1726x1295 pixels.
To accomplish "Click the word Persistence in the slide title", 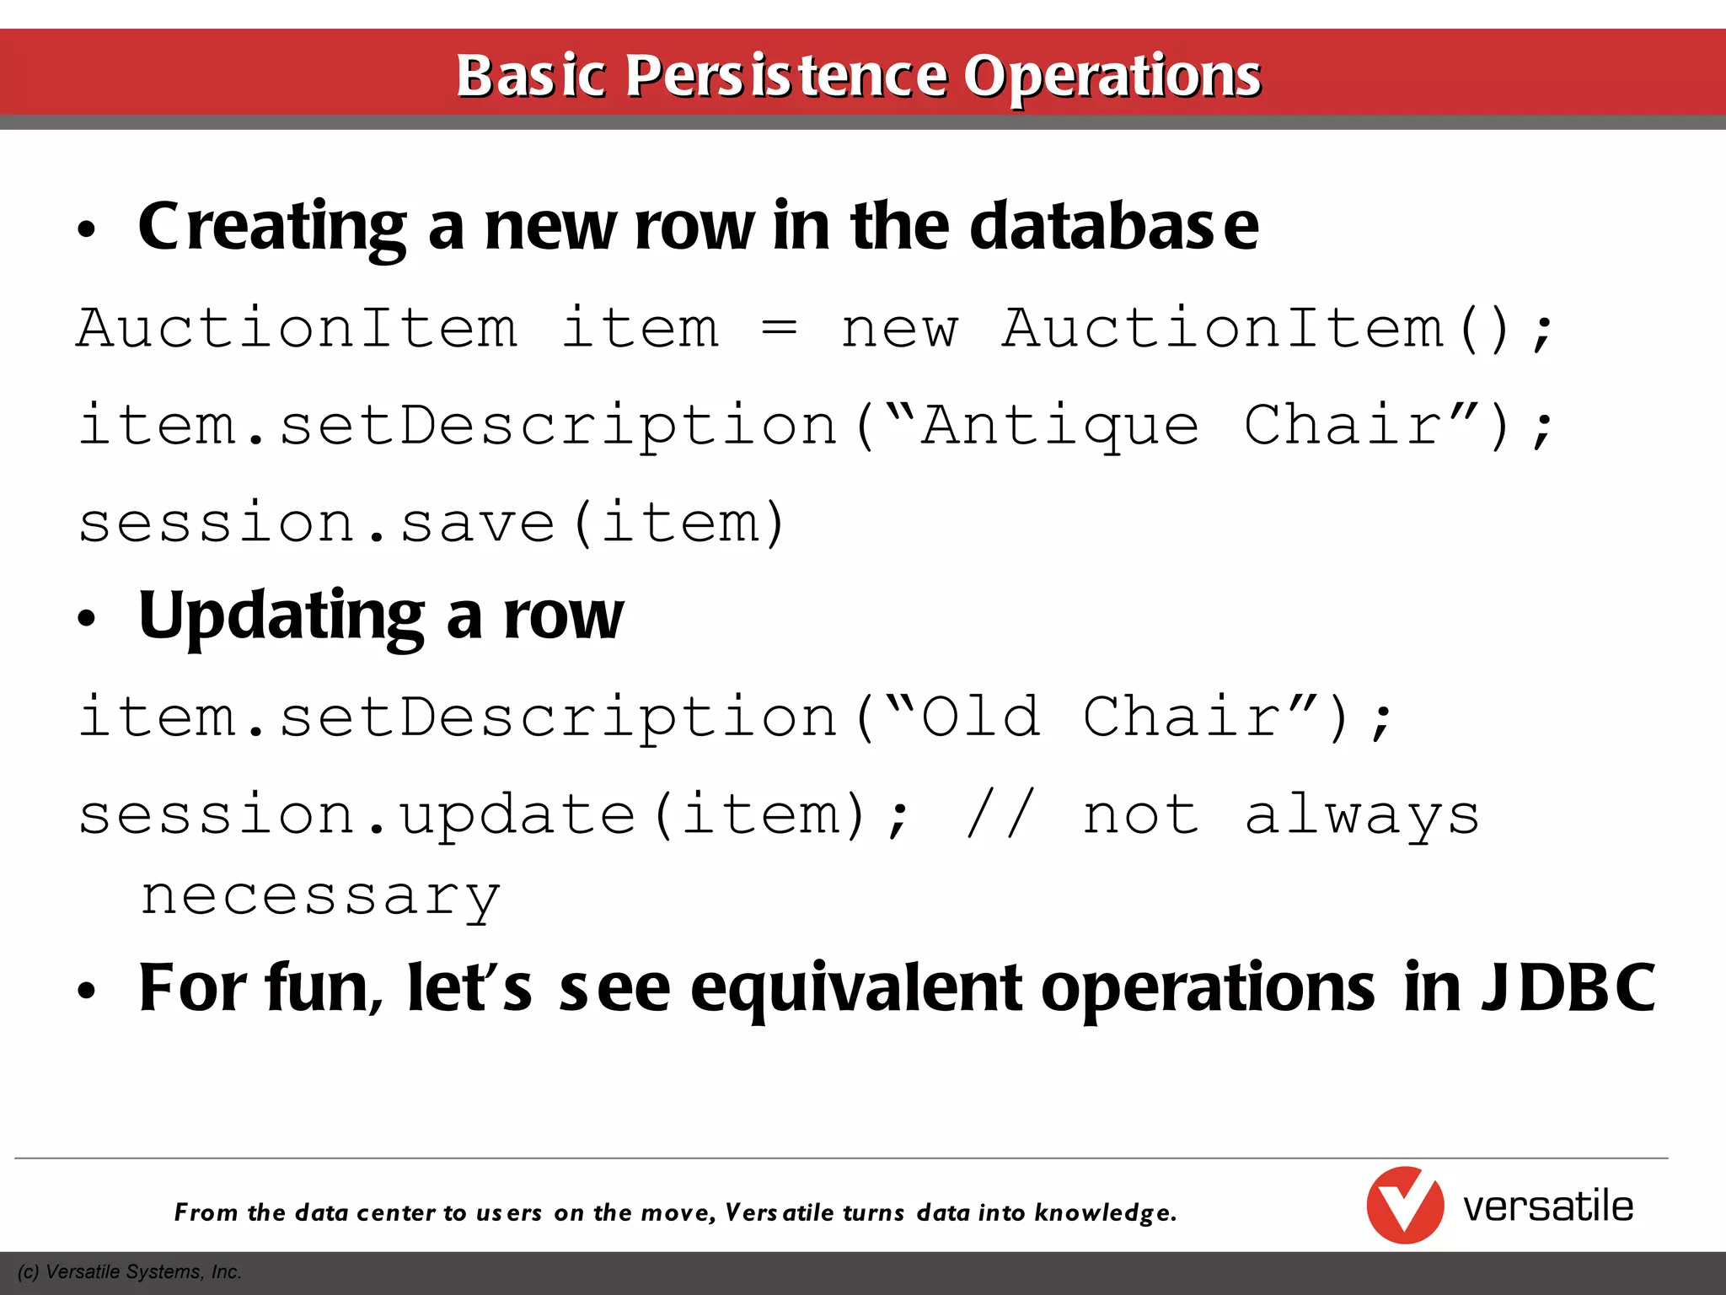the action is pyautogui.click(x=787, y=76).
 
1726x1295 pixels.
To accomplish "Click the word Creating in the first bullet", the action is pyautogui.click(x=273, y=228).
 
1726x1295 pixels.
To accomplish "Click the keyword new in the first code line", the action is pyautogui.click(x=899, y=329).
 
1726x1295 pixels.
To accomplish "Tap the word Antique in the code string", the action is pyautogui.click(x=1059, y=427).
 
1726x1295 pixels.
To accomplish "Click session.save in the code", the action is pyautogui.click(x=316, y=522).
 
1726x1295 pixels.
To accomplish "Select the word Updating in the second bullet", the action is pyautogui.click(x=281, y=616).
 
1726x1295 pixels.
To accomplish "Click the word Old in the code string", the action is pyautogui.click(x=980, y=717).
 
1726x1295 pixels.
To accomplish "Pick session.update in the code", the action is pyautogui.click(x=356, y=815).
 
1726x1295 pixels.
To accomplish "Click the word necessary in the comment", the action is pyautogui.click(x=320, y=897).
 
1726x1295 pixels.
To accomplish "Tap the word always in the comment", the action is pyautogui.click(x=1362, y=815).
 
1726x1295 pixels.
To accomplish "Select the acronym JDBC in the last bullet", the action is pyautogui.click(x=1568, y=987).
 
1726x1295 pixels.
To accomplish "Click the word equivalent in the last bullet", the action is pyautogui.click(x=856, y=989).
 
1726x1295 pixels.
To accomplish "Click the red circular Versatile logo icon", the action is pyautogui.click(x=1405, y=1206).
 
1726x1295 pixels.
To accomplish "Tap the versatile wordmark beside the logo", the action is pyautogui.click(x=1548, y=1206).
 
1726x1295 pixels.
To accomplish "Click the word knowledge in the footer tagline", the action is pyautogui.click(x=1105, y=1212).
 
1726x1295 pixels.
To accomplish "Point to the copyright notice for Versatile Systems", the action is pyautogui.click(x=129, y=1272).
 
